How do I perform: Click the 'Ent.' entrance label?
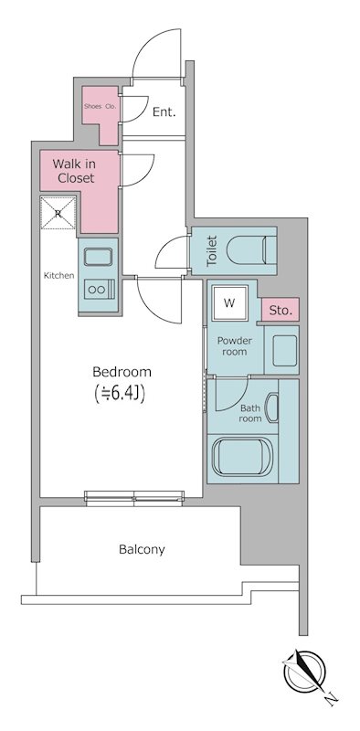coord(164,111)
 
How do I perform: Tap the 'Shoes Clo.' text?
coord(100,106)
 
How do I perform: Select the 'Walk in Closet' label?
coord(74,171)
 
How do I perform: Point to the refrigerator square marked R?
coord(58,213)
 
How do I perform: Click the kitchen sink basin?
coord(98,257)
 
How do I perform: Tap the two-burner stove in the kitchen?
coord(100,289)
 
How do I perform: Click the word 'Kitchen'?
coord(58,276)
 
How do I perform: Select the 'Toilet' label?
coord(212,250)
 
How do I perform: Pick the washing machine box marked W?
coord(229,303)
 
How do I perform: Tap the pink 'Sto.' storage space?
coord(280,310)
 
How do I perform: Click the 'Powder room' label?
coord(234,346)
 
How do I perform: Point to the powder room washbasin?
coord(284,351)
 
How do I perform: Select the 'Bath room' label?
coord(250,413)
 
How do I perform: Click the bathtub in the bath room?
coord(242,456)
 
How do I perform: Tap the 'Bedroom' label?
coord(122,372)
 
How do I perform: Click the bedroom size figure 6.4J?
coord(121,393)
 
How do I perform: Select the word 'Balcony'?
coord(142,549)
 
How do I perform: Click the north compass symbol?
coord(305,672)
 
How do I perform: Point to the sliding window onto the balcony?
coord(134,498)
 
